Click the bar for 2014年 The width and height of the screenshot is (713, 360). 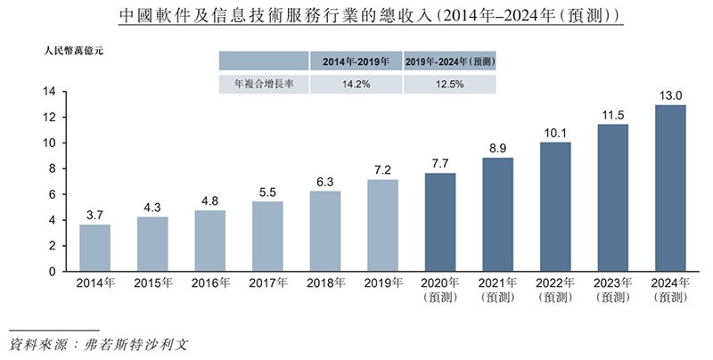click(94, 248)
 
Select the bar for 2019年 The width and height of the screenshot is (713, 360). click(382, 225)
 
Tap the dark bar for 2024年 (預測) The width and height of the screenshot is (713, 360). click(670, 188)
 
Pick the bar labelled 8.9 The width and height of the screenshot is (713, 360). click(497, 214)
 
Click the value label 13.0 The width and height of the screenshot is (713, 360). click(670, 95)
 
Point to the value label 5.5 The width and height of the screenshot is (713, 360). click(267, 192)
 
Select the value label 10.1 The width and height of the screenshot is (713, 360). click(555, 133)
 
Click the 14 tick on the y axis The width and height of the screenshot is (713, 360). click(51, 92)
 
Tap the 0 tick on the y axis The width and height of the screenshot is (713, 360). click(54, 272)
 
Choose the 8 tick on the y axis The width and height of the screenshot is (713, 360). click(54, 168)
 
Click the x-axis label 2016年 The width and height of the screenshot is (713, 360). click(209, 283)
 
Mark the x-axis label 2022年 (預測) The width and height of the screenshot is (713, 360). click(555, 290)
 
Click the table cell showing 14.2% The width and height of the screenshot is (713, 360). click(356, 84)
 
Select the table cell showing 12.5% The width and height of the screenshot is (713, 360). click(450, 84)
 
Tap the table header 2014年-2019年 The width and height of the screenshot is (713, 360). click(356, 61)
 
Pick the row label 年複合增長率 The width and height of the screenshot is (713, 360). click(264, 84)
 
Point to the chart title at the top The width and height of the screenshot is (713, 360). click(356, 18)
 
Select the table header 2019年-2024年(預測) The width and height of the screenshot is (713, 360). click(450, 61)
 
